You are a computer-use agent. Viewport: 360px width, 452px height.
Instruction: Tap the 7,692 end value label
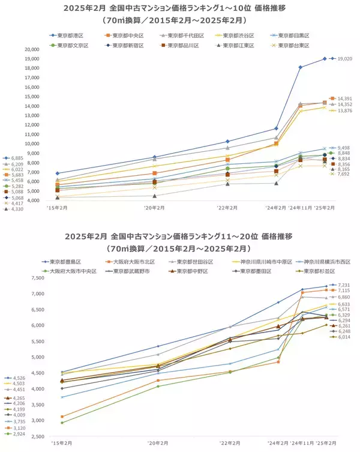point(344,175)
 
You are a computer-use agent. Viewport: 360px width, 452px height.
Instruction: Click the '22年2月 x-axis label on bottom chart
point(227,442)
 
